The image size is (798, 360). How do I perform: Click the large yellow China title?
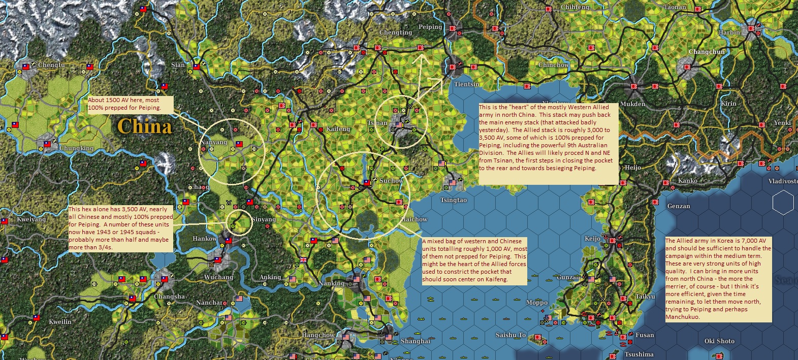144,126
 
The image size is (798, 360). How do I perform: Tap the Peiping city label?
430,27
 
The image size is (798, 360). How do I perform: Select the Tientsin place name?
466,84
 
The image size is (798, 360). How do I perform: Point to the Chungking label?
77,148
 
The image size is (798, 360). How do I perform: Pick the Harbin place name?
729,32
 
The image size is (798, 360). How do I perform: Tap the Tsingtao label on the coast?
453,200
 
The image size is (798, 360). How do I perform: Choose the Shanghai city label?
416,341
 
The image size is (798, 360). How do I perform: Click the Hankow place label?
205,239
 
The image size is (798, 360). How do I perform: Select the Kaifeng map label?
338,129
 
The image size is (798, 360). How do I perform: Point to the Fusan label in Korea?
645,335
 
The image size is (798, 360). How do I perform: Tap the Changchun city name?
707,52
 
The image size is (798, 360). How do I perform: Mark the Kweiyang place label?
31,219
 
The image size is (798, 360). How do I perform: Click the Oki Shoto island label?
719,341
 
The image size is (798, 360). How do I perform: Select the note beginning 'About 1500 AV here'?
130,104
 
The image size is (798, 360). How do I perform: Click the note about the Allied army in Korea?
718,279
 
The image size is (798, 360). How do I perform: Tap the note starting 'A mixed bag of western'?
474,260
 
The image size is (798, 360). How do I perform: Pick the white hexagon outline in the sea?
783,203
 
